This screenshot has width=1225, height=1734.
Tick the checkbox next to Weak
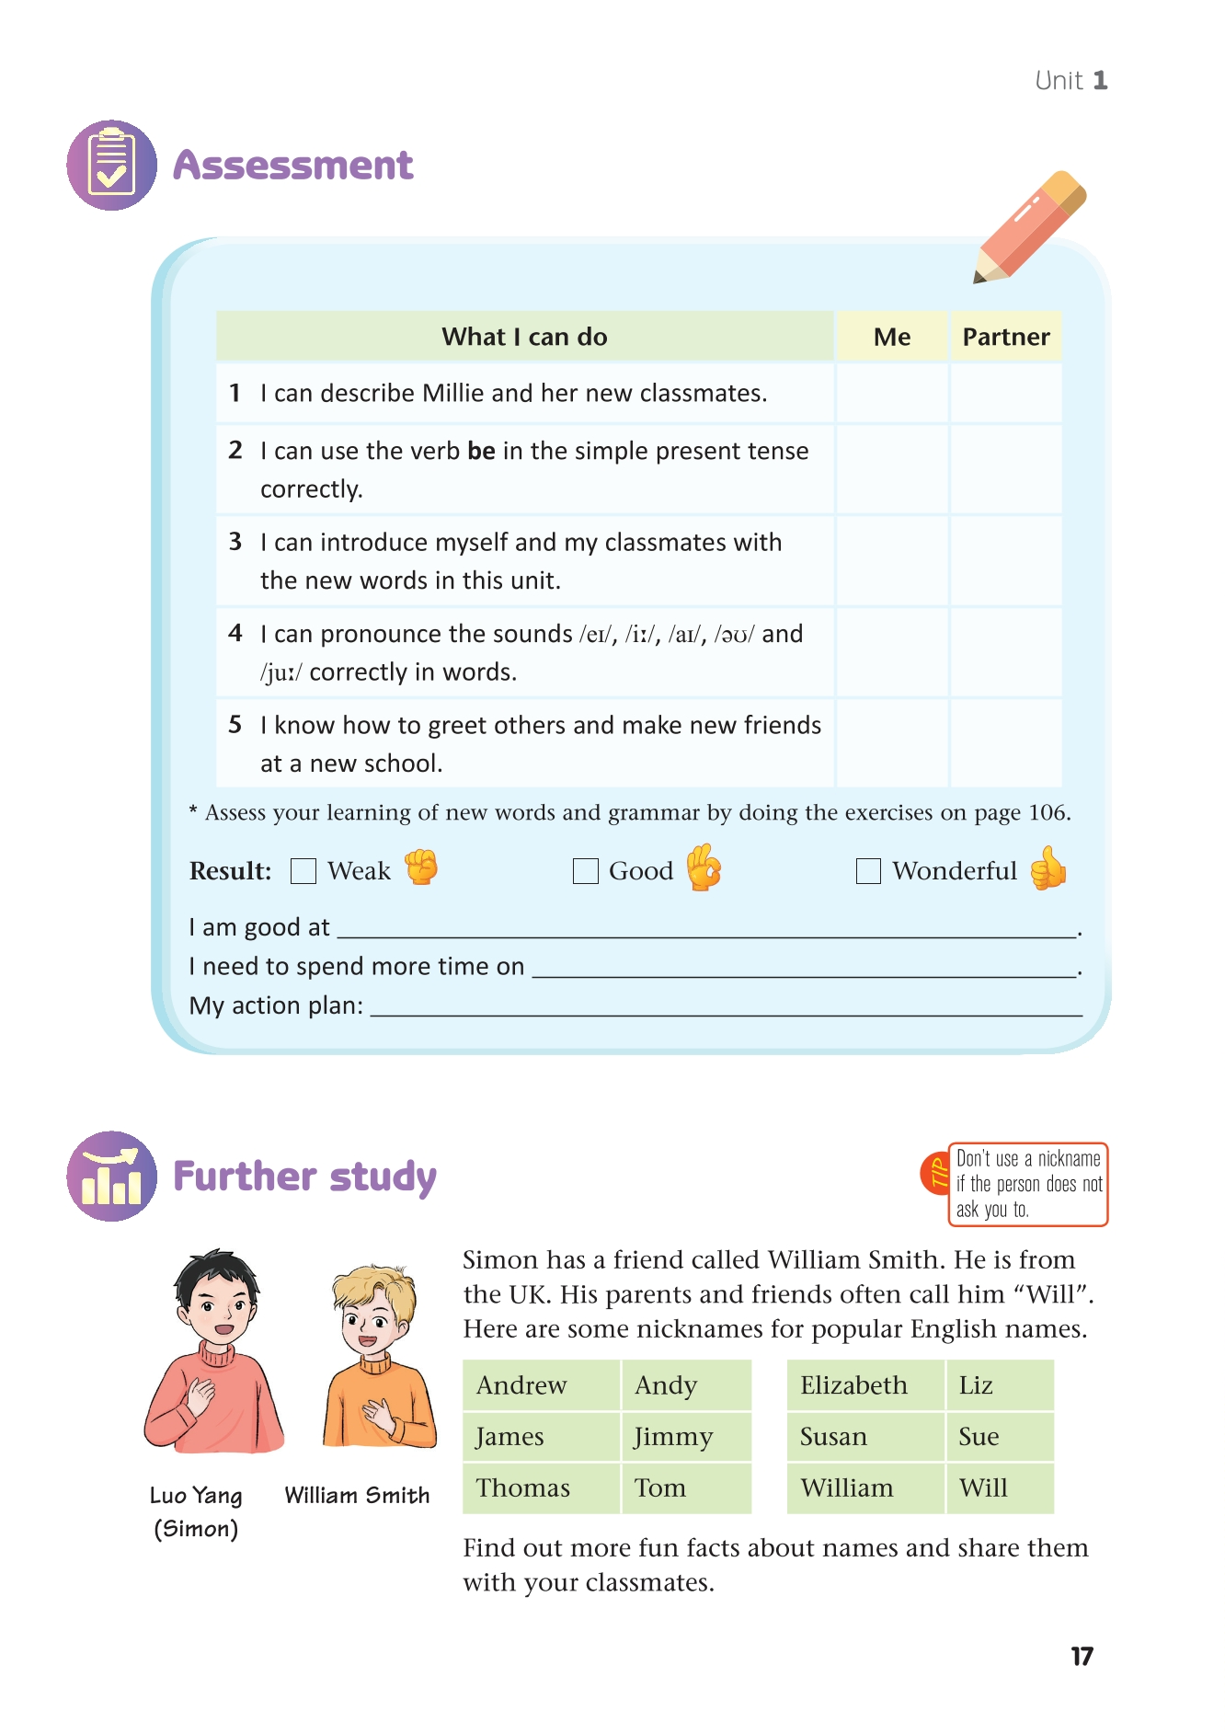tap(303, 870)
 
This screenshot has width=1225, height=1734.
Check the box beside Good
tap(586, 870)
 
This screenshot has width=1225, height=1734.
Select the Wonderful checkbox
tap(868, 870)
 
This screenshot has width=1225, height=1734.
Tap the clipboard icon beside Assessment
tap(111, 166)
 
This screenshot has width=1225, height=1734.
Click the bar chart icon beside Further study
tap(111, 1177)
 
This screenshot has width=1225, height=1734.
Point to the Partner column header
tap(1005, 337)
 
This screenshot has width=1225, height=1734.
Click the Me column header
tap(891, 337)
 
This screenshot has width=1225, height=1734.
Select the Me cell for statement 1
tap(891, 393)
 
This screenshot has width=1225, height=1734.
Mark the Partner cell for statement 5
tap(1005, 743)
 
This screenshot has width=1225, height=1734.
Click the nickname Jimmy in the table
tap(673, 1437)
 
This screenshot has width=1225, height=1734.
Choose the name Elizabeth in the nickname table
tap(853, 1385)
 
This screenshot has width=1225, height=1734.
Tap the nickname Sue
tap(979, 1437)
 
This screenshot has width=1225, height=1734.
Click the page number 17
tap(1082, 1657)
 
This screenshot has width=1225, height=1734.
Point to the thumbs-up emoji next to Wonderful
tap(1048, 868)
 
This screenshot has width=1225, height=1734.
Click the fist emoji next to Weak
tap(422, 867)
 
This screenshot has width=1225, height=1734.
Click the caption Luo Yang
tap(196, 1496)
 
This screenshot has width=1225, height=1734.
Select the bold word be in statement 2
tap(481, 451)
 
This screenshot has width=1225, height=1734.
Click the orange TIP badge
tap(936, 1174)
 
